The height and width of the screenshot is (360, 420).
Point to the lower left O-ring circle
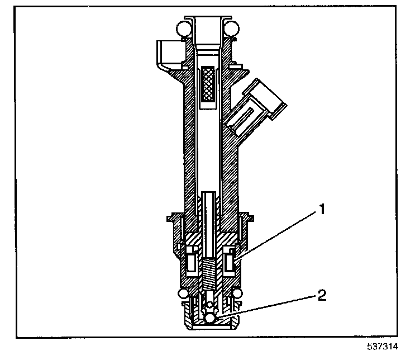(183, 293)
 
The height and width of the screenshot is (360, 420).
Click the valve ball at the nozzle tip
(209, 318)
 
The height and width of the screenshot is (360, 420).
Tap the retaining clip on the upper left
(168, 53)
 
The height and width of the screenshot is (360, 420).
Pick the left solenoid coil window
(190, 261)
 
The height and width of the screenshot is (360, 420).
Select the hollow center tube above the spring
(209, 224)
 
